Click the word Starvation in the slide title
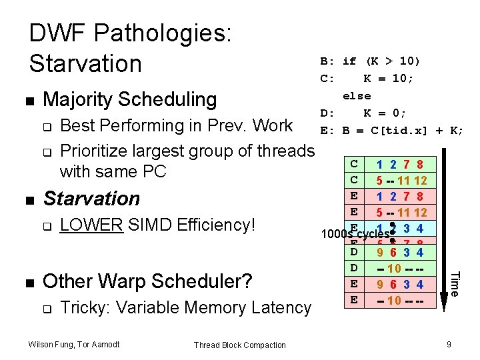85,63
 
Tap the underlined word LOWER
91,225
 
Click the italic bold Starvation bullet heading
91,198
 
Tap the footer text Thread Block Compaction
239,345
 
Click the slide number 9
449,344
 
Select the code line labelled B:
370,61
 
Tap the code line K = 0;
385,113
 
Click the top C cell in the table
354,163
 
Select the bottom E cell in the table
354,300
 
